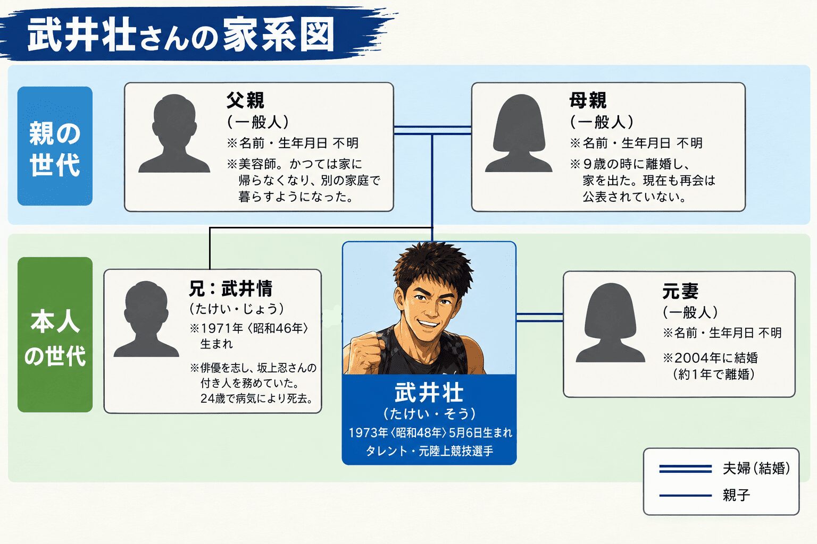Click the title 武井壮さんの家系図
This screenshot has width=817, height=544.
(181, 36)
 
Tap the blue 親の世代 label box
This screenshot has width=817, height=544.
(55, 146)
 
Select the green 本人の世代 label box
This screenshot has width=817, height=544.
(55, 335)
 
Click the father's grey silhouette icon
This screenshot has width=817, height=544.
(174, 133)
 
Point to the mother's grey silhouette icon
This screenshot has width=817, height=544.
(519, 133)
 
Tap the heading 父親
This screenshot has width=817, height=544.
(245, 100)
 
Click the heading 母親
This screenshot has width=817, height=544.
(588, 100)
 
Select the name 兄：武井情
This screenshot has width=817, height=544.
(230, 288)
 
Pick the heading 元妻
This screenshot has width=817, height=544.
(680, 291)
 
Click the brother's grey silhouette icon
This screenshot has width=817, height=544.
(146, 319)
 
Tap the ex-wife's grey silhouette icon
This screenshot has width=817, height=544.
(611, 322)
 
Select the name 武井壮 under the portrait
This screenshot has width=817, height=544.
(429, 393)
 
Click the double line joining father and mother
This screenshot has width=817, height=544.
(432, 131)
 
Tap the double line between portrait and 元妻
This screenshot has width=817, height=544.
(540, 317)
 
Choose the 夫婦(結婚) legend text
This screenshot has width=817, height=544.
(756, 468)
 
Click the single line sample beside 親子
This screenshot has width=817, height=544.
(685, 496)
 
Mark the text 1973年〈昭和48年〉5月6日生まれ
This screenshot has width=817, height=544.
(430, 432)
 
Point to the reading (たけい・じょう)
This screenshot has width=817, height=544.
(236, 309)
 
